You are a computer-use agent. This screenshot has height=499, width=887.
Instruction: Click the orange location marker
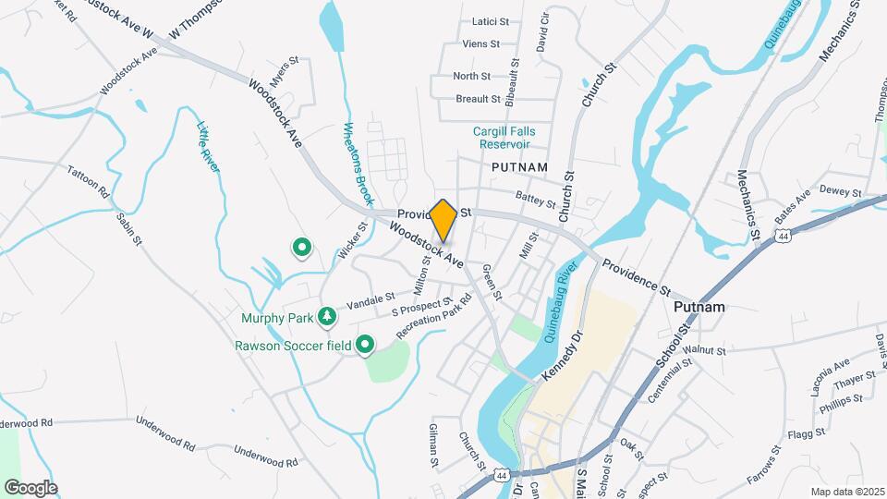[x=443, y=220]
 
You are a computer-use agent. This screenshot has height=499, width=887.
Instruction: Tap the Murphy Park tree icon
[x=326, y=318]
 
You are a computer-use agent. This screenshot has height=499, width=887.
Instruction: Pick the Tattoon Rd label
[x=89, y=182]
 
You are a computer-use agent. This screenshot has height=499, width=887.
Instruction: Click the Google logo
[x=30, y=487]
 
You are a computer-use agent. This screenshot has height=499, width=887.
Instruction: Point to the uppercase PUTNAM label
[x=520, y=166]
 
